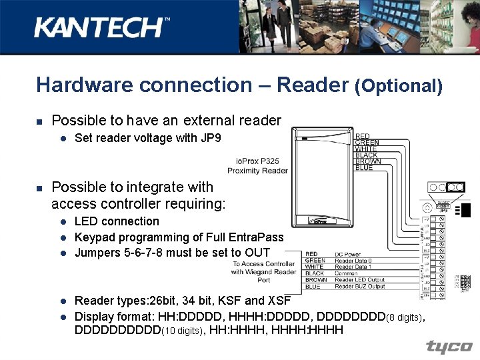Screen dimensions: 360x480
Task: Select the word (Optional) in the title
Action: [399, 85]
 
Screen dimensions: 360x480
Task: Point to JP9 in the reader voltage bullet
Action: [209, 139]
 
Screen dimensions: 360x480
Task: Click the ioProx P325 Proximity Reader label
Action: [258, 165]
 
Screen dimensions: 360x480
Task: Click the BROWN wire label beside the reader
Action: [368, 161]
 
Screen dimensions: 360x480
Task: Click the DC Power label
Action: [349, 254]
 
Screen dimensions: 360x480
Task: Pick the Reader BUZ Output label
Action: [360, 287]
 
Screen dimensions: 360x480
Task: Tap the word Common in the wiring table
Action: [347, 273]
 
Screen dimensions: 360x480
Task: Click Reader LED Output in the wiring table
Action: [360, 280]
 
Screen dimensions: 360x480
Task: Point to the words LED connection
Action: [117, 221]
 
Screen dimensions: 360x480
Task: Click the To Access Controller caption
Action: [263, 263]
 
